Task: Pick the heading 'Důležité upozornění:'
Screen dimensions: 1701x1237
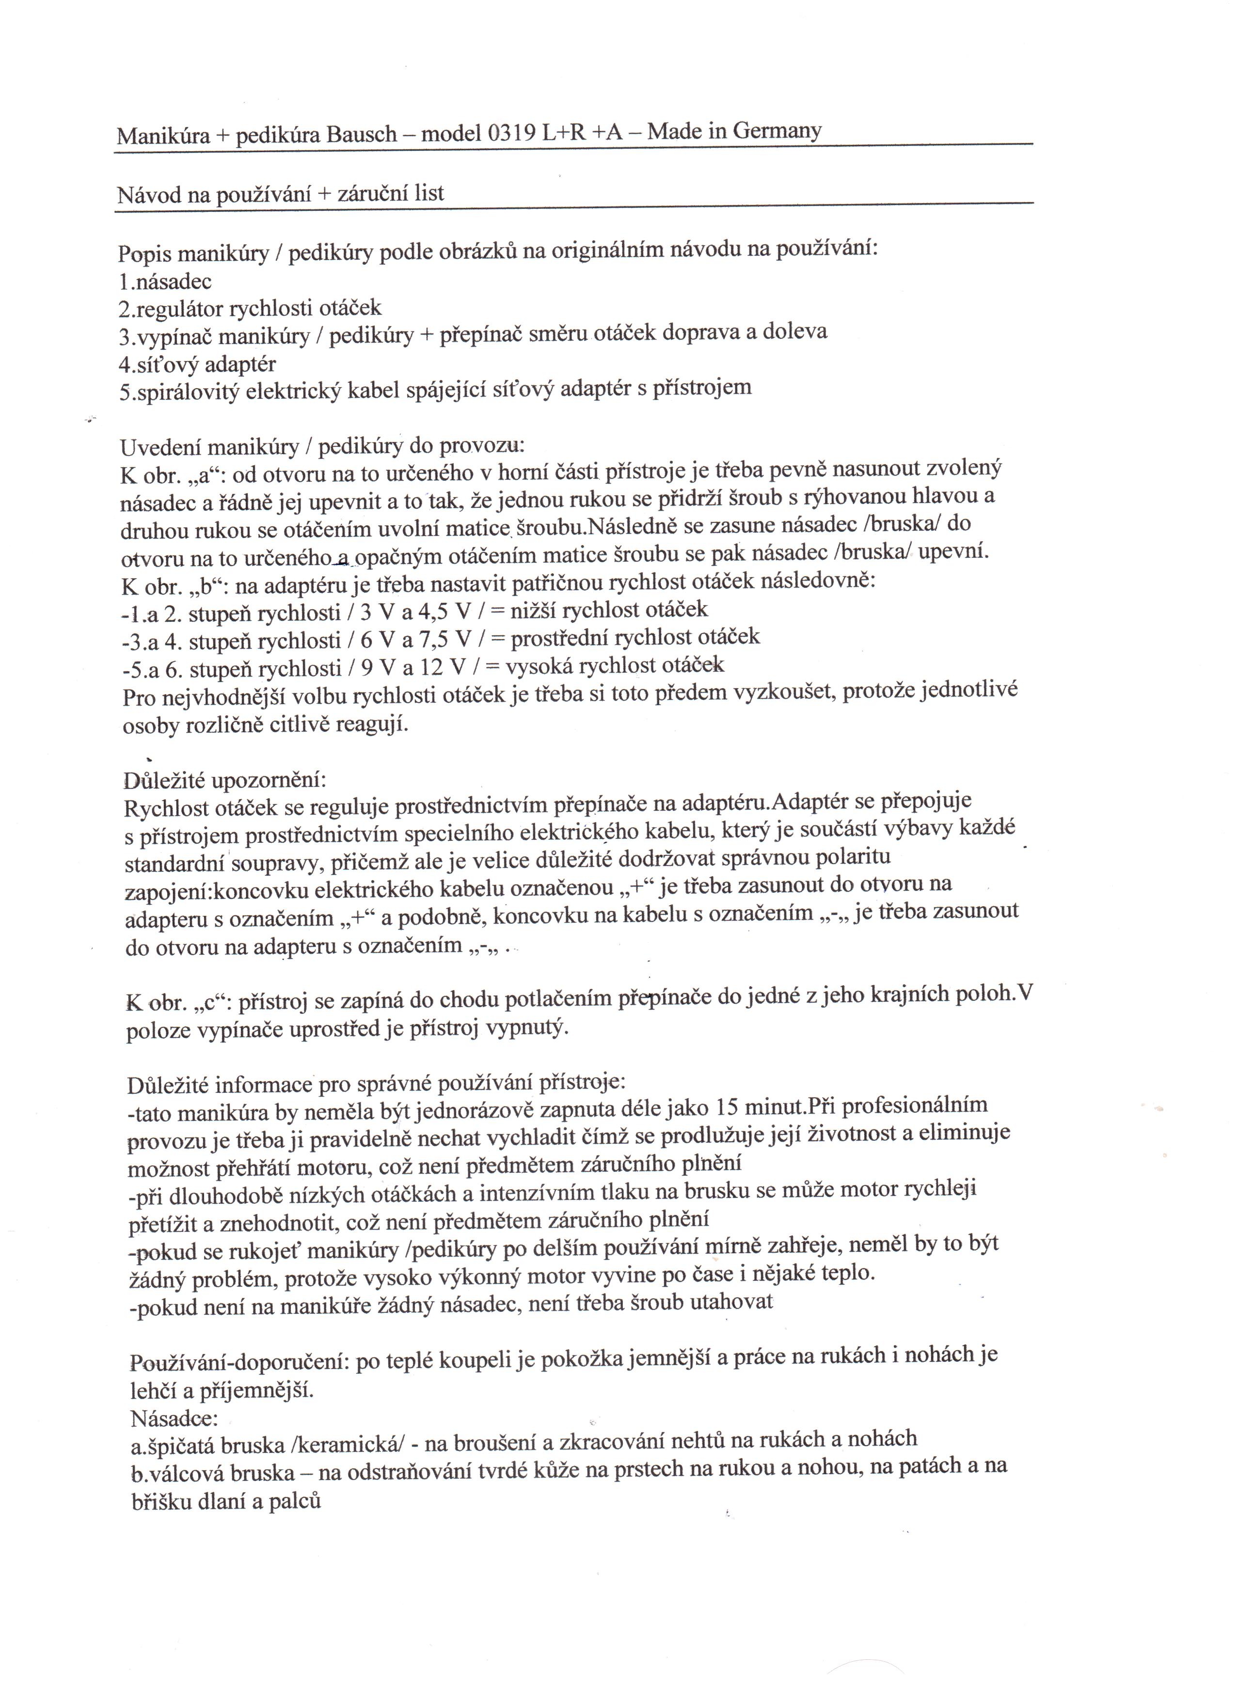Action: [x=225, y=780]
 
